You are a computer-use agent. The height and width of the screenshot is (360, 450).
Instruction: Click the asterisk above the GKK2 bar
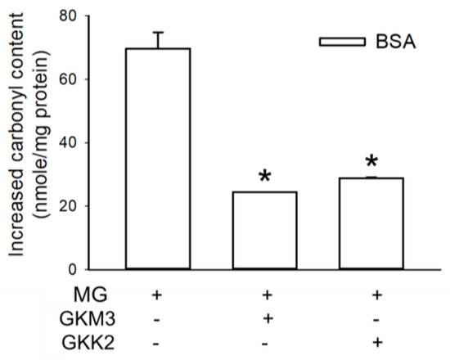click(373, 162)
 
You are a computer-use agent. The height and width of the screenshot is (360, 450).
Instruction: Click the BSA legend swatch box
click(340, 41)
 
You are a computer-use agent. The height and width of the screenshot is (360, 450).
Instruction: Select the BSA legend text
click(396, 41)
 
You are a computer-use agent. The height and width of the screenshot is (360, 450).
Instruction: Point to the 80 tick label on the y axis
click(79, 16)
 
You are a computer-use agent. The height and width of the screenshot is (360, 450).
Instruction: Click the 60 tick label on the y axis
click(79, 79)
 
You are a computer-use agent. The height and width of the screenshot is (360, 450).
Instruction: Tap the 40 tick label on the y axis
click(79, 142)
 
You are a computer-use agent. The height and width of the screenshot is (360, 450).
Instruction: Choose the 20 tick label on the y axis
click(79, 205)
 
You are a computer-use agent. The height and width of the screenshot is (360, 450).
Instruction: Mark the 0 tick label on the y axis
click(84, 269)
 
